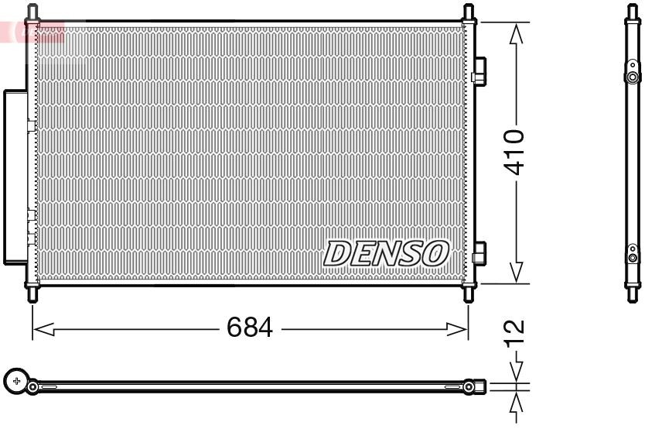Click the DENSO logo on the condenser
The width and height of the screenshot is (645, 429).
[x=386, y=253]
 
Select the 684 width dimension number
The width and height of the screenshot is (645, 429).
[x=250, y=328]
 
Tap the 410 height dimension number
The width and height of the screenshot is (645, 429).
[x=514, y=151]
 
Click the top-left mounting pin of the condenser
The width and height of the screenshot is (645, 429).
[x=32, y=12]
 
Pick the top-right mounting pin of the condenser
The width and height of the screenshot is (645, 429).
[x=469, y=12]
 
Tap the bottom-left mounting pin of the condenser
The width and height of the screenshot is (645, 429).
[x=32, y=295]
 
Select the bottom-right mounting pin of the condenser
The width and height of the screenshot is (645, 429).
[x=469, y=295]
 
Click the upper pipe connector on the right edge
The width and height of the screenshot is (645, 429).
[x=479, y=70]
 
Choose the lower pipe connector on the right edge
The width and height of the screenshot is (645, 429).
[x=479, y=253]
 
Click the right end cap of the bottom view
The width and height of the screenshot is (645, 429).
[x=479, y=385]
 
